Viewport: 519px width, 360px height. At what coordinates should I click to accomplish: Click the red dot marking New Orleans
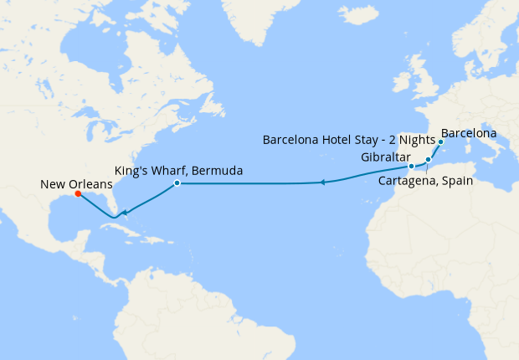[78, 194]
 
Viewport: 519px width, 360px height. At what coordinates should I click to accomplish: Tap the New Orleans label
[75, 183]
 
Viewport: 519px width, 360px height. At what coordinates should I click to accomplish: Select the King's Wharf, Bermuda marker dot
[177, 183]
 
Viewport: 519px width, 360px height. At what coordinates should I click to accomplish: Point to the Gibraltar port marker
[411, 167]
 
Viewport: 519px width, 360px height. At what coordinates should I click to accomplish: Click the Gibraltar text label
[386, 157]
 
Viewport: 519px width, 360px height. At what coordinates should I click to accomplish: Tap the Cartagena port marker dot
[428, 159]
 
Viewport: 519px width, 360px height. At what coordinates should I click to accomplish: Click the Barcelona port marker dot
[440, 142]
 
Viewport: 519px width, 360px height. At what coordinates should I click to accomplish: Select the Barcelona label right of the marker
[469, 133]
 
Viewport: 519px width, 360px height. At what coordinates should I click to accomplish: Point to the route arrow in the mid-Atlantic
[322, 182]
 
